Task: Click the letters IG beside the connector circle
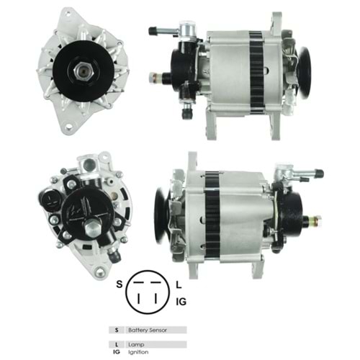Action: tap(181, 301)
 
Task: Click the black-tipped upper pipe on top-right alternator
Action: tap(153, 31)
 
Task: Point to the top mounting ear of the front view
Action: tap(71, 13)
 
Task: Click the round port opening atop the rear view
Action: tap(89, 165)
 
